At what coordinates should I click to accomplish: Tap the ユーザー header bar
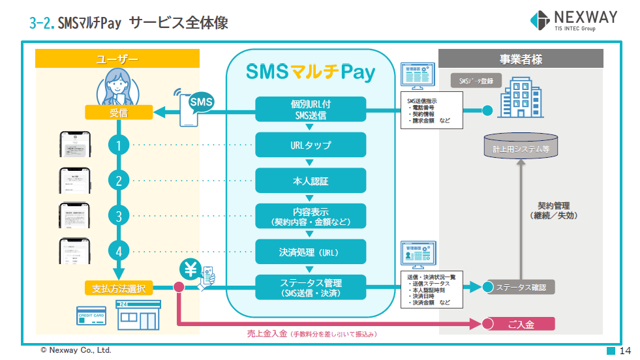pyautogui.click(x=117, y=59)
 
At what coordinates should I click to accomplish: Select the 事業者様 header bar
pyautogui.click(x=521, y=59)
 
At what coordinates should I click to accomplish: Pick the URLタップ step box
pyautogui.click(x=310, y=145)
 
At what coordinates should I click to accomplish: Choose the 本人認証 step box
pyautogui.click(x=310, y=181)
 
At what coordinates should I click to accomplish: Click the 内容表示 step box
pyautogui.click(x=310, y=217)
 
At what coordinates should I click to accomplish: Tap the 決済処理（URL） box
pyautogui.click(x=310, y=252)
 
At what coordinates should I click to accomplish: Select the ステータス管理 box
pyautogui.click(x=310, y=288)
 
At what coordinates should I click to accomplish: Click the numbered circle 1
pyautogui.click(x=118, y=145)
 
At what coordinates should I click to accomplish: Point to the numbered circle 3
pyautogui.click(x=118, y=216)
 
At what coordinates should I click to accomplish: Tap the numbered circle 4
pyautogui.click(x=118, y=251)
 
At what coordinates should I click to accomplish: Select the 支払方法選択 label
pyautogui.click(x=118, y=287)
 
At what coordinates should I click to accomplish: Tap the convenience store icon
pyautogui.click(x=137, y=316)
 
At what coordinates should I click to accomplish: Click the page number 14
pyautogui.click(x=625, y=351)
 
